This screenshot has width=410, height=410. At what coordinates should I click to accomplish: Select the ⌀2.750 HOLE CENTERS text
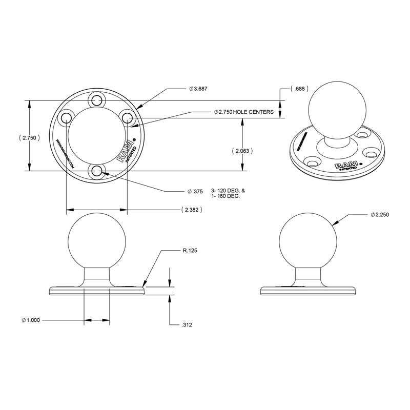(x=243, y=112)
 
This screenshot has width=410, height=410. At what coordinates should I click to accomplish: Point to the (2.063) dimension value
(x=242, y=151)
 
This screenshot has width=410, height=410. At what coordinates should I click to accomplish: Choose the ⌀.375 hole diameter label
(x=195, y=192)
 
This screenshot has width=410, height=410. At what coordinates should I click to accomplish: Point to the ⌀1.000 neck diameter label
(x=31, y=320)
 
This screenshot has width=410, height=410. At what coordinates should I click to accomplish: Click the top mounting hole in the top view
(x=96, y=99)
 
